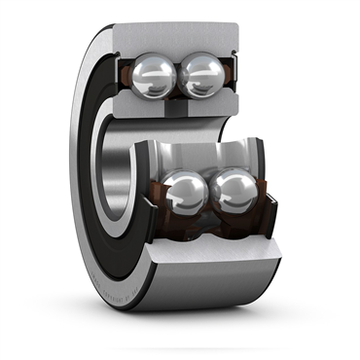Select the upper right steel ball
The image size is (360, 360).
200,73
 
